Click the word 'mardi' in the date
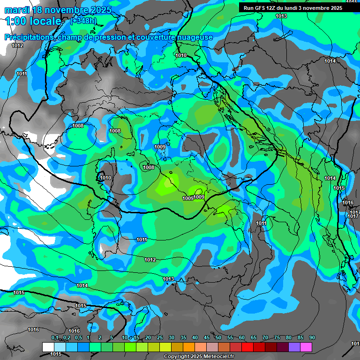click(x=16, y=10)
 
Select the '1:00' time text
click(x=15, y=21)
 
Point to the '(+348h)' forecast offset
click(x=84, y=21)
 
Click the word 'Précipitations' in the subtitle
click(x=29, y=37)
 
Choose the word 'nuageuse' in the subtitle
click(x=196, y=37)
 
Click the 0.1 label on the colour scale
click(x=55, y=338)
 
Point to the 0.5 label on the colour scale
click(x=78, y=338)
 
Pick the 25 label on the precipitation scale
click(x=160, y=338)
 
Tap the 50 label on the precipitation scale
click(x=218, y=338)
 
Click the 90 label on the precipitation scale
click(x=312, y=338)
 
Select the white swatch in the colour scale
click(x=48, y=347)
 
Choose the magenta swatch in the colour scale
click(x=306, y=347)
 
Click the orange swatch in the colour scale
click(x=189, y=347)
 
